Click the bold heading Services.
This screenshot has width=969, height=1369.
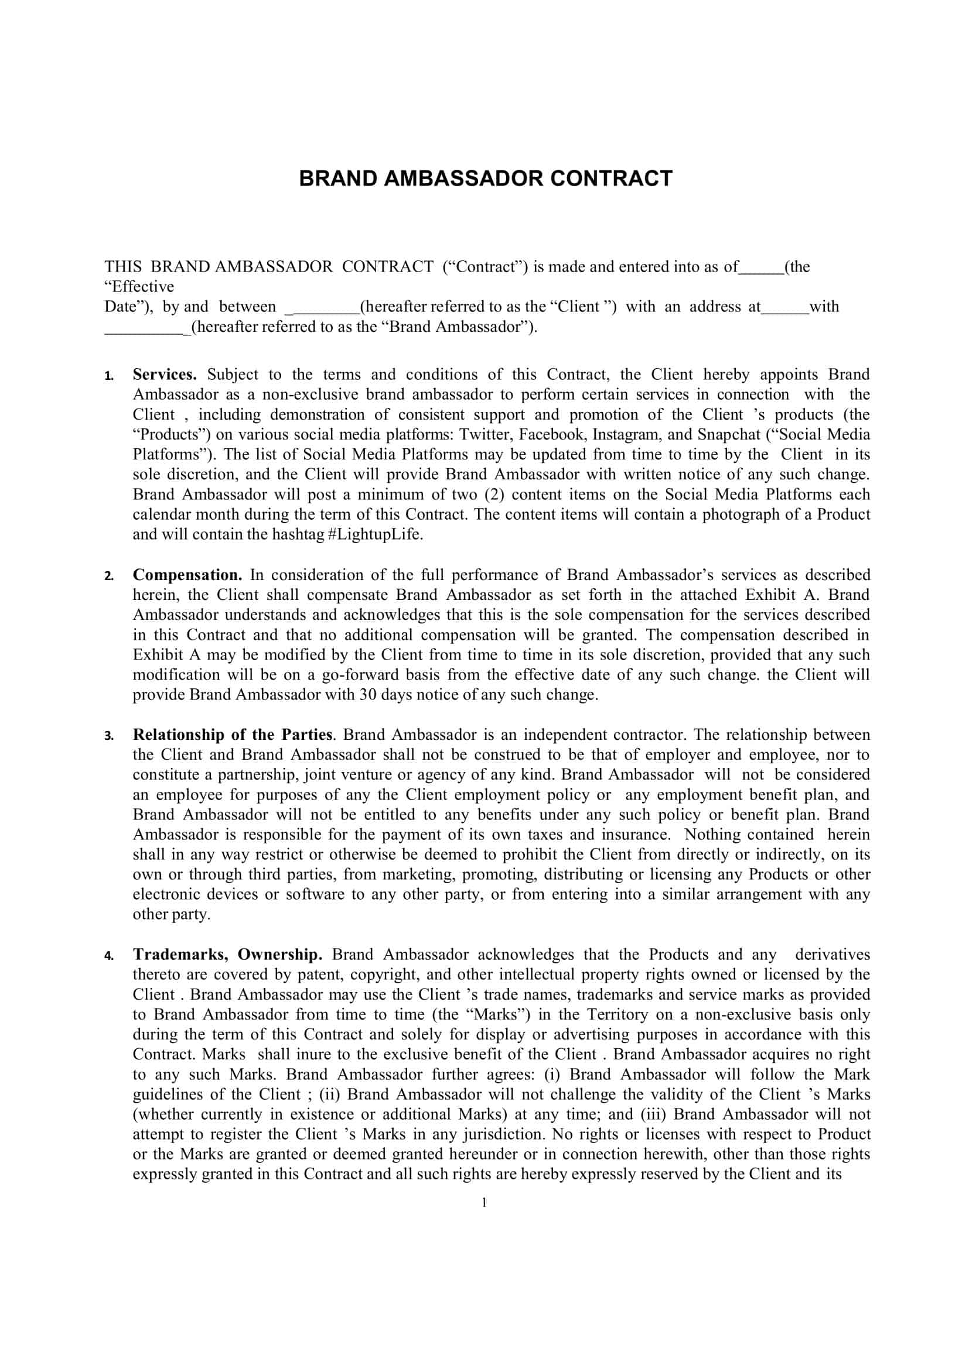[165, 375]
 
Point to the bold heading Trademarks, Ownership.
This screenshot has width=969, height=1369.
[227, 955]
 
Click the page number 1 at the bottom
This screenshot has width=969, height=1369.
[484, 1203]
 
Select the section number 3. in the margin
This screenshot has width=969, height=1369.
[108, 736]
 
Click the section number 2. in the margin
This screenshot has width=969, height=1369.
[108, 576]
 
